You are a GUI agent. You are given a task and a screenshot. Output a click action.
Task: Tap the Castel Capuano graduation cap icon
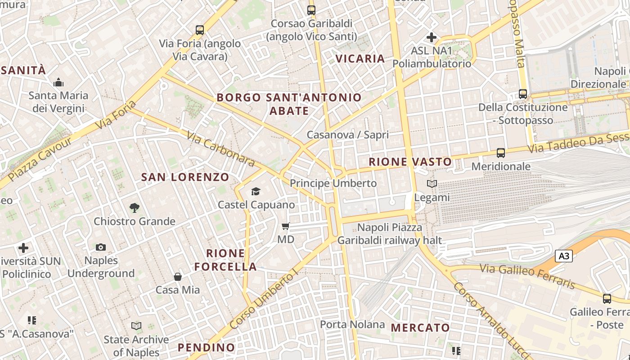(x=256, y=192)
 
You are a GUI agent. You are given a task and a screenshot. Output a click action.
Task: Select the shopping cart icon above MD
(x=285, y=226)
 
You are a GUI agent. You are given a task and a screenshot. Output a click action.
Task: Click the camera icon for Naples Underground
(x=101, y=247)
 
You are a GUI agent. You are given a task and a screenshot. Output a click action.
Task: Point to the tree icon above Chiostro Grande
(x=134, y=207)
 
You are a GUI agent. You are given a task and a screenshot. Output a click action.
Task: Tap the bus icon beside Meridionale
(x=501, y=153)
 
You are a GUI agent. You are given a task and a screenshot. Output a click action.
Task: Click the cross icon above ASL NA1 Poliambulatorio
(x=432, y=37)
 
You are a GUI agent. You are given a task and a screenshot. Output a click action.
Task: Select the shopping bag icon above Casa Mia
(x=178, y=276)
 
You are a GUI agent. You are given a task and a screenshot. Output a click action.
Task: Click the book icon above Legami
(x=432, y=184)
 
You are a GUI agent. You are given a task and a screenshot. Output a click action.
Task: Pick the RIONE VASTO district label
(x=410, y=162)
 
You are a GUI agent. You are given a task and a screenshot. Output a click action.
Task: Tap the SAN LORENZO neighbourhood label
(x=185, y=177)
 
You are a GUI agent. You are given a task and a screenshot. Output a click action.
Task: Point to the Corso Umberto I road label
(x=264, y=300)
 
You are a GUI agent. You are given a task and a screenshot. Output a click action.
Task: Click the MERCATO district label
(x=420, y=328)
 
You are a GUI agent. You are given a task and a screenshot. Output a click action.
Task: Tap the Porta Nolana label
(x=352, y=324)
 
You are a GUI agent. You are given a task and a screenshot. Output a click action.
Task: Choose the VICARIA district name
(x=360, y=58)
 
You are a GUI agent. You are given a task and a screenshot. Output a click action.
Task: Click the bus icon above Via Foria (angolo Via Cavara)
(x=200, y=30)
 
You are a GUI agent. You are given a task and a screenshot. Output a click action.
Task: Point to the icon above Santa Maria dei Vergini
(x=58, y=82)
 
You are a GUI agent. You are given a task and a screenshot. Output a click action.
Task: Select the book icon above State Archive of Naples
(x=136, y=325)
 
